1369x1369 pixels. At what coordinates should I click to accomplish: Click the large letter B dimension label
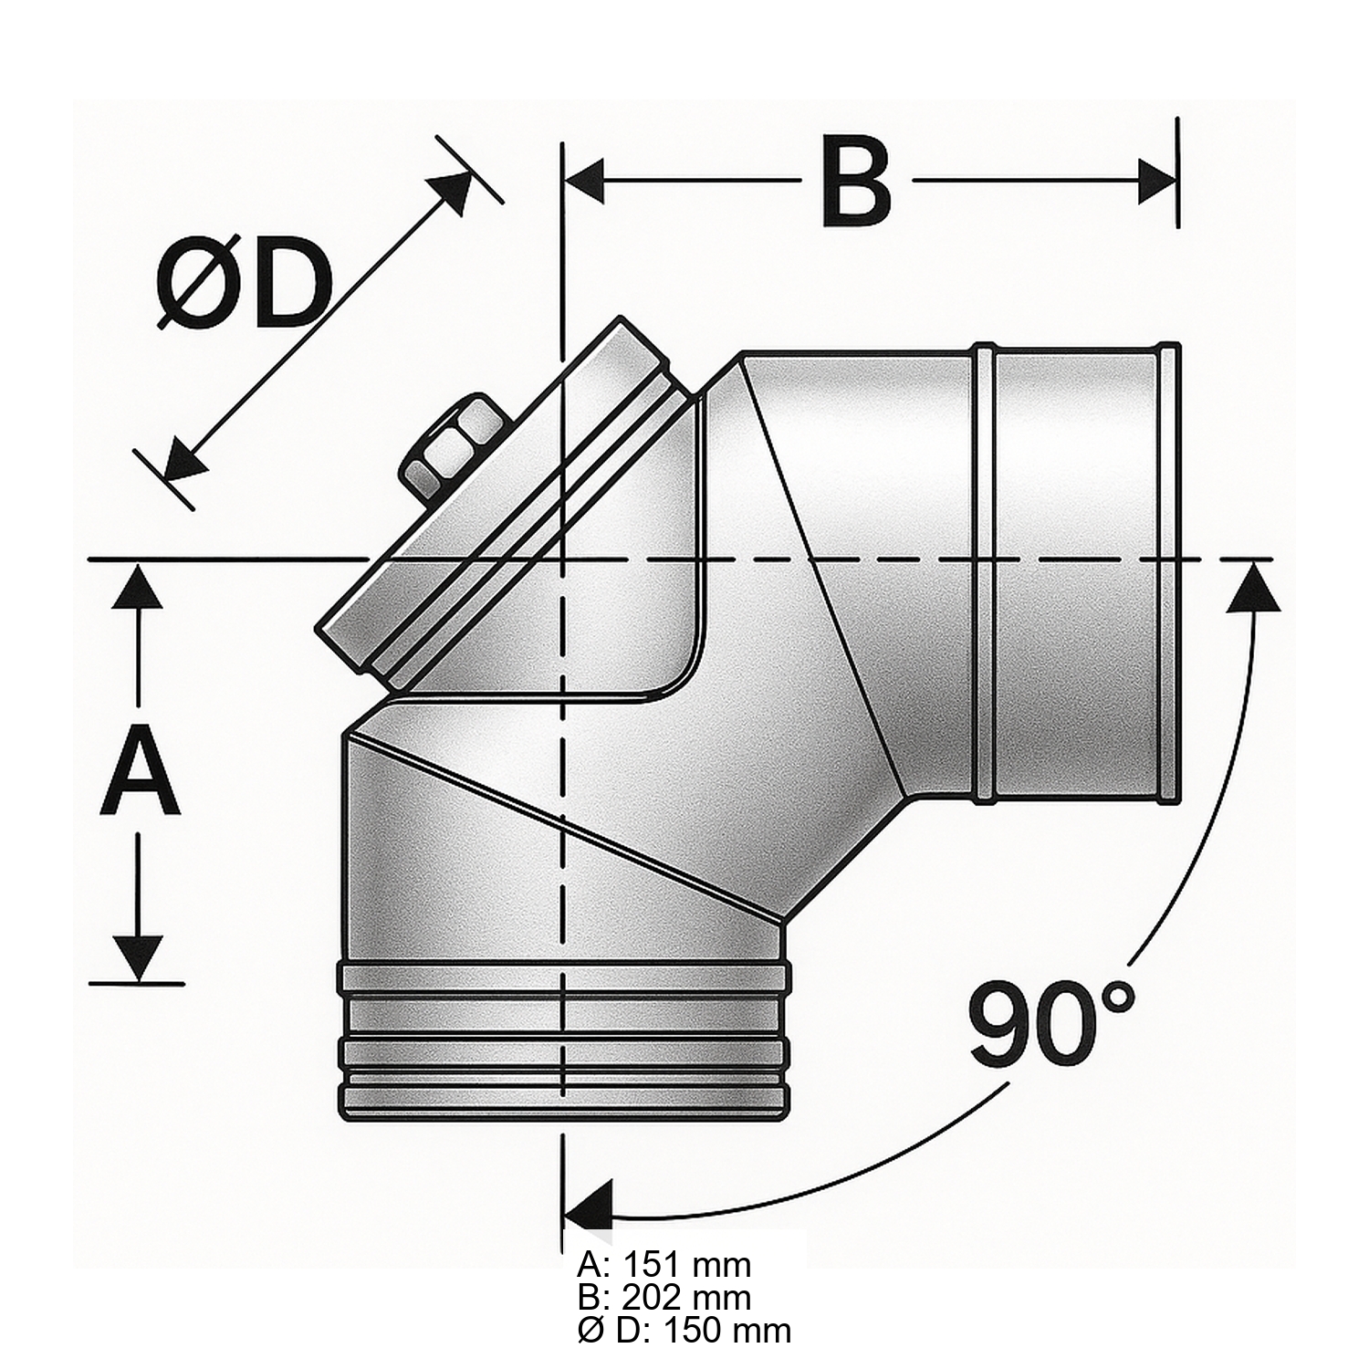856,183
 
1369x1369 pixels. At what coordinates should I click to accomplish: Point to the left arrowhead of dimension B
585,182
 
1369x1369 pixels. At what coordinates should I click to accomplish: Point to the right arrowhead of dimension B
1158,182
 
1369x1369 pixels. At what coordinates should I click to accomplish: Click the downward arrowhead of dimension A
140,959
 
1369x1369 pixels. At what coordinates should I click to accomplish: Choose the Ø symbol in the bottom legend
590,1330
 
